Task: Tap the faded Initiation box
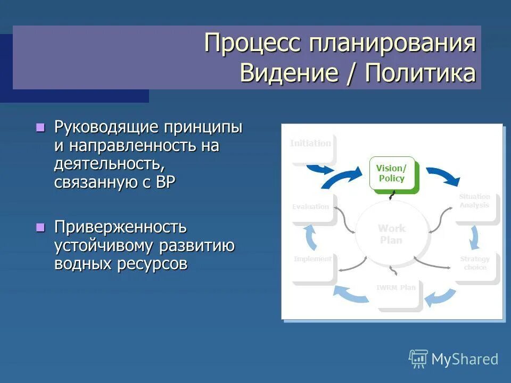click(x=311, y=145)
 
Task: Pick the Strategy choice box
click(x=475, y=264)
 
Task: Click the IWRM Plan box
click(x=396, y=290)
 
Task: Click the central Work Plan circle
click(x=392, y=234)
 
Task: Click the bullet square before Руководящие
click(x=39, y=127)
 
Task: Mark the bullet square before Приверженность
click(x=39, y=227)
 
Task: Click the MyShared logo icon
click(x=418, y=359)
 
